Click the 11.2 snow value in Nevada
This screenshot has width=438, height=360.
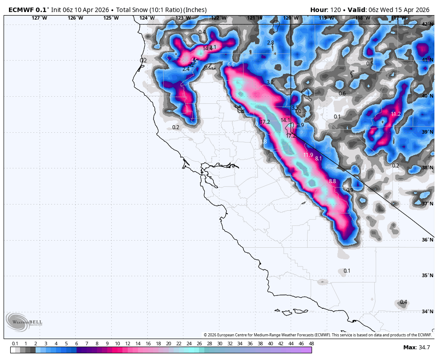[396, 114]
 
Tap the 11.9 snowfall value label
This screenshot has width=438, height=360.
[308, 155]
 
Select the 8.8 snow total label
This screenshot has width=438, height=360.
[333, 181]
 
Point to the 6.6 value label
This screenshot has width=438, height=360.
[231, 65]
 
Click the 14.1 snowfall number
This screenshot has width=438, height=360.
[285, 120]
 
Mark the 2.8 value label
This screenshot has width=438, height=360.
[270, 43]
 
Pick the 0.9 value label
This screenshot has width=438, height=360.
[349, 190]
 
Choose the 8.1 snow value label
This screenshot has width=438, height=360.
[318, 159]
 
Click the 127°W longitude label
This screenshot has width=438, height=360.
[39, 18]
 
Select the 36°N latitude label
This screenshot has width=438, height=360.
[428, 240]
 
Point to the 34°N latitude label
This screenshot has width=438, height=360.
[428, 311]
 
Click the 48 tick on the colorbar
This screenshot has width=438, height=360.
[311, 344]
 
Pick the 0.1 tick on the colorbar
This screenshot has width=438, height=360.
[15, 344]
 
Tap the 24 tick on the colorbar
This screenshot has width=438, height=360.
[189, 344]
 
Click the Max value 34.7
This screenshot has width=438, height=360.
[423, 347]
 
